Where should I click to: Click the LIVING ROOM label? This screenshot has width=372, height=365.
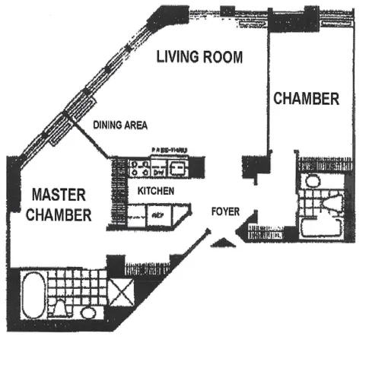point(199,57)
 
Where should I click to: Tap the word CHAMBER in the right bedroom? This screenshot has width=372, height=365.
point(306,99)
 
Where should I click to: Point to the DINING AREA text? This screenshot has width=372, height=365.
point(119,125)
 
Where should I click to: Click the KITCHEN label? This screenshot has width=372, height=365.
point(157,192)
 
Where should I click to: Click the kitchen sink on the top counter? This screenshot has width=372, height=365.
point(177,167)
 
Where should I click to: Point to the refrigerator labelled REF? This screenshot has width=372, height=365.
point(158,217)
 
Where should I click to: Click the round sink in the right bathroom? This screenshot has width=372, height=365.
point(310,182)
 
